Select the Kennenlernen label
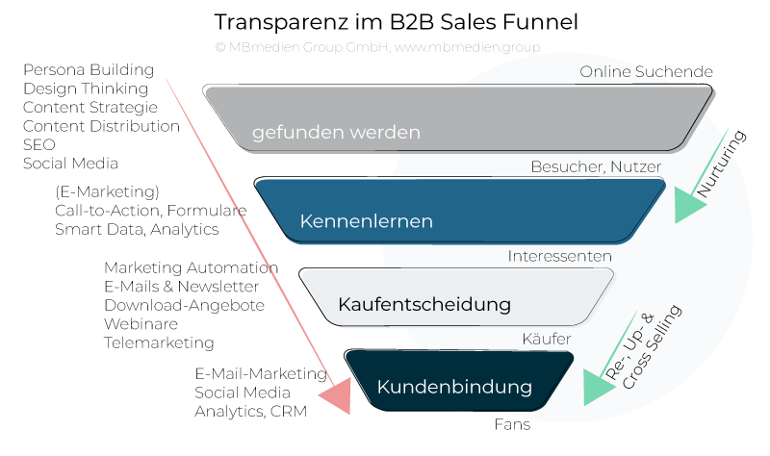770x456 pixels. click(366, 221)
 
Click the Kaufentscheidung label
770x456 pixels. click(423, 305)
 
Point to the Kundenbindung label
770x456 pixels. click(454, 388)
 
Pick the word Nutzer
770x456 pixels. click(636, 166)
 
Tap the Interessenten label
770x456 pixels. click(559, 256)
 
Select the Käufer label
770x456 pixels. click(546, 339)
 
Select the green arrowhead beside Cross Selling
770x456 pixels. click(598, 384)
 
